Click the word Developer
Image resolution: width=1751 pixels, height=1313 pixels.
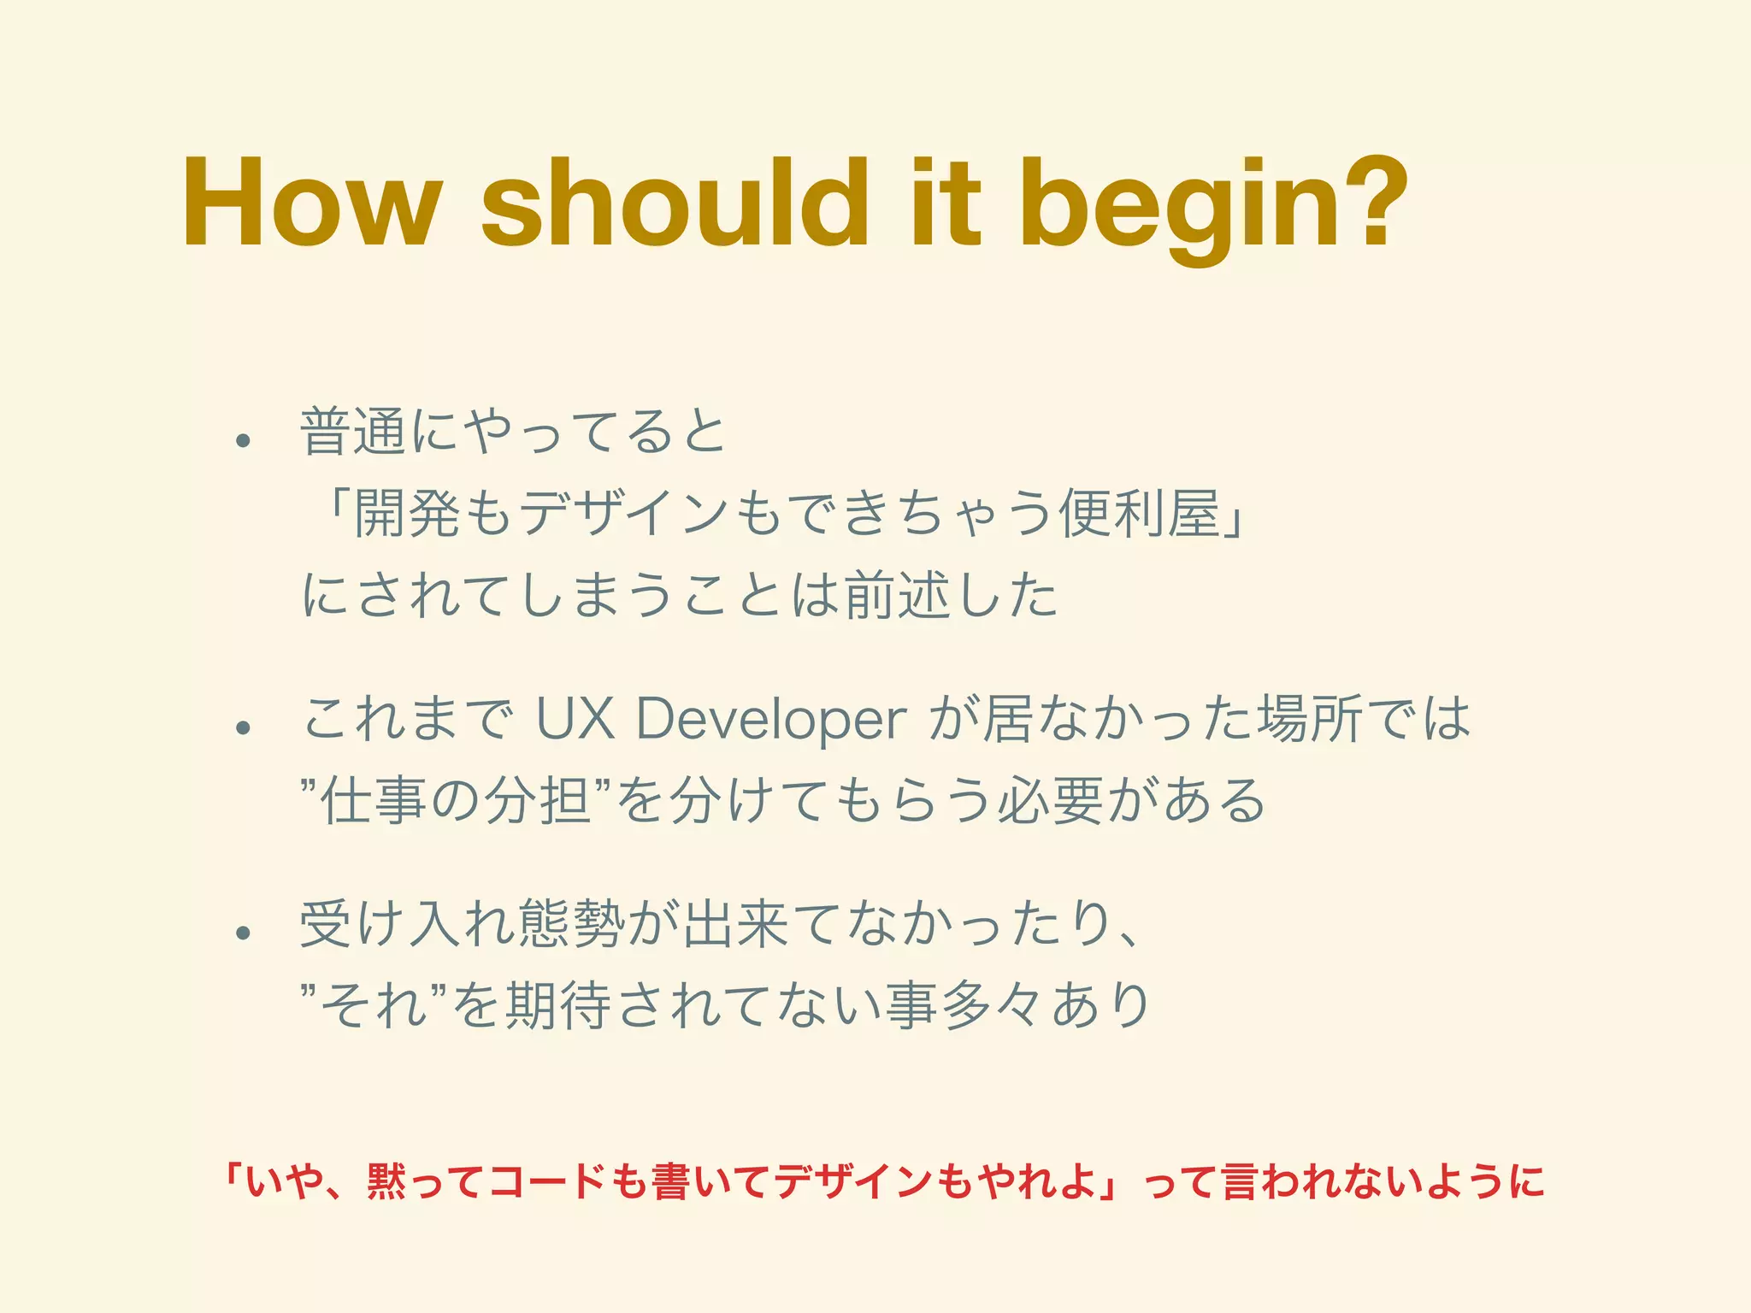point(770,719)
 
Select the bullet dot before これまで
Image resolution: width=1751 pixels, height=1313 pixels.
point(245,727)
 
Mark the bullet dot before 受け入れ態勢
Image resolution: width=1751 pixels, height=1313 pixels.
point(245,933)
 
